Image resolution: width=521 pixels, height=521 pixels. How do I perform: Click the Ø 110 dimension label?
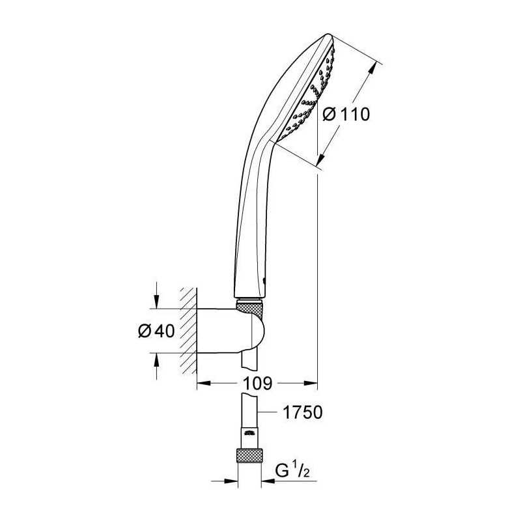(346, 115)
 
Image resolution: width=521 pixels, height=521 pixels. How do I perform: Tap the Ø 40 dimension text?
(156, 331)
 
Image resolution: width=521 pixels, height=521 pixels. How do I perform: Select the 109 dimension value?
(257, 383)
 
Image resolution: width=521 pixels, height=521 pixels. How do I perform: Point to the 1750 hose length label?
(302, 412)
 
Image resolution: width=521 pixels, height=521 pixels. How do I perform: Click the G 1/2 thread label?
(292, 470)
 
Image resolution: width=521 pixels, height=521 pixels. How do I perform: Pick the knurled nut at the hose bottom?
(249, 455)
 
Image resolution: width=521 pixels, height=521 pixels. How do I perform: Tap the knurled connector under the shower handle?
(250, 307)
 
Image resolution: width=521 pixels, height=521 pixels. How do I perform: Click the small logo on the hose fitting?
(249, 433)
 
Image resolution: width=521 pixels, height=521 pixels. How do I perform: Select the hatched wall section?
(188, 331)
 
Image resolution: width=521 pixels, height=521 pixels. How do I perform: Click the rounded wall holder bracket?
(231, 330)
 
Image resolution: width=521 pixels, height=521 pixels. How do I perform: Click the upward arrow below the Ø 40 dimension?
(156, 366)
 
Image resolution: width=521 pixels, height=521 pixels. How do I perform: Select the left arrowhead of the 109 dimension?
(204, 383)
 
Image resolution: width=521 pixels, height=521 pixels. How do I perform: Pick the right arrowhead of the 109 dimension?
(311, 383)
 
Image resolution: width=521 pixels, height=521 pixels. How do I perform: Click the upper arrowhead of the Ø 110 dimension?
(373, 69)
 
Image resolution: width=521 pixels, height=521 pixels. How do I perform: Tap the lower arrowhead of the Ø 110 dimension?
(320, 159)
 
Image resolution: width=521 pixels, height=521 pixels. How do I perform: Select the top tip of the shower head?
(329, 35)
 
